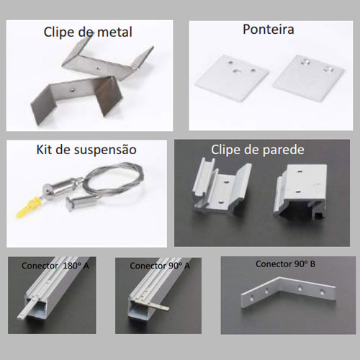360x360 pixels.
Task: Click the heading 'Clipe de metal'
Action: (x=88, y=32)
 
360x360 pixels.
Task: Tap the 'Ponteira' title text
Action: (x=269, y=30)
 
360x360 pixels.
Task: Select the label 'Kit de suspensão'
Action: (x=86, y=150)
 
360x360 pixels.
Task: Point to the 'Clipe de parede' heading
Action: (x=258, y=150)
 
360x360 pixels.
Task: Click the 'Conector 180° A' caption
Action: (x=55, y=266)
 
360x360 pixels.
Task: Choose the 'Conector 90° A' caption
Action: (x=160, y=266)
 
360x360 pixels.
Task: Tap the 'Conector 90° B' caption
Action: (x=285, y=264)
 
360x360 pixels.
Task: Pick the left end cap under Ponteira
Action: (x=231, y=77)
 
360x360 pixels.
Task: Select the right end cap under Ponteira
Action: (x=308, y=77)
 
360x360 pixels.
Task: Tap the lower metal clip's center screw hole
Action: (x=72, y=90)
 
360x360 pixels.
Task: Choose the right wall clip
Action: (x=301, y=189)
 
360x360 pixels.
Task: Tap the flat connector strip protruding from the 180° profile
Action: (x=27, y=309)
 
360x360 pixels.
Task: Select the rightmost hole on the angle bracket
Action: (x=322, y=292)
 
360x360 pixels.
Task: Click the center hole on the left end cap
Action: (x=235, y=71)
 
